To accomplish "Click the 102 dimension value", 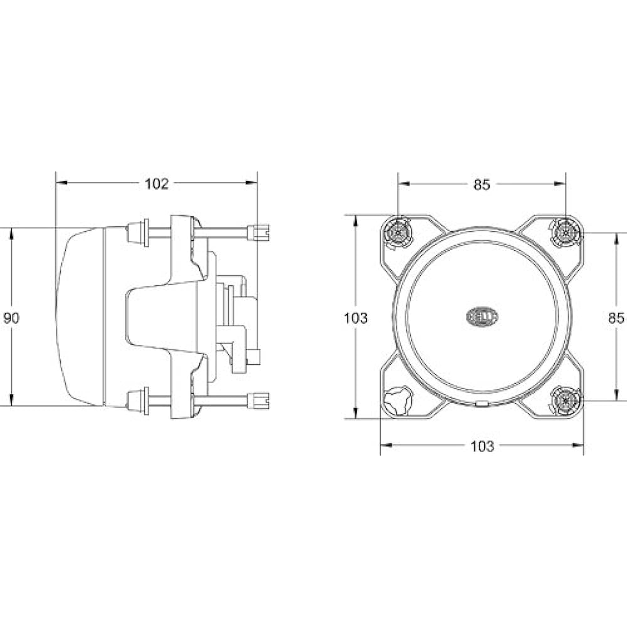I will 157,183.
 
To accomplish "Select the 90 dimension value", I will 11,318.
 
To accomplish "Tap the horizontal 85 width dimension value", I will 481,184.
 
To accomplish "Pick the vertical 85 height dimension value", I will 616,318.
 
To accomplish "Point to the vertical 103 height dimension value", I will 356,318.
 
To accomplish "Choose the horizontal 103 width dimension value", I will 482,446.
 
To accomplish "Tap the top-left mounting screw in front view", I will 398,232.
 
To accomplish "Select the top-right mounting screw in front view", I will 566,232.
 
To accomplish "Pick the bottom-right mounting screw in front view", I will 566,399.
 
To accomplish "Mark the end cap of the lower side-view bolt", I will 260,399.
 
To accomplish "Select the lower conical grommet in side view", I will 134,399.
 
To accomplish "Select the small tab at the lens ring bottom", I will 481,404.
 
